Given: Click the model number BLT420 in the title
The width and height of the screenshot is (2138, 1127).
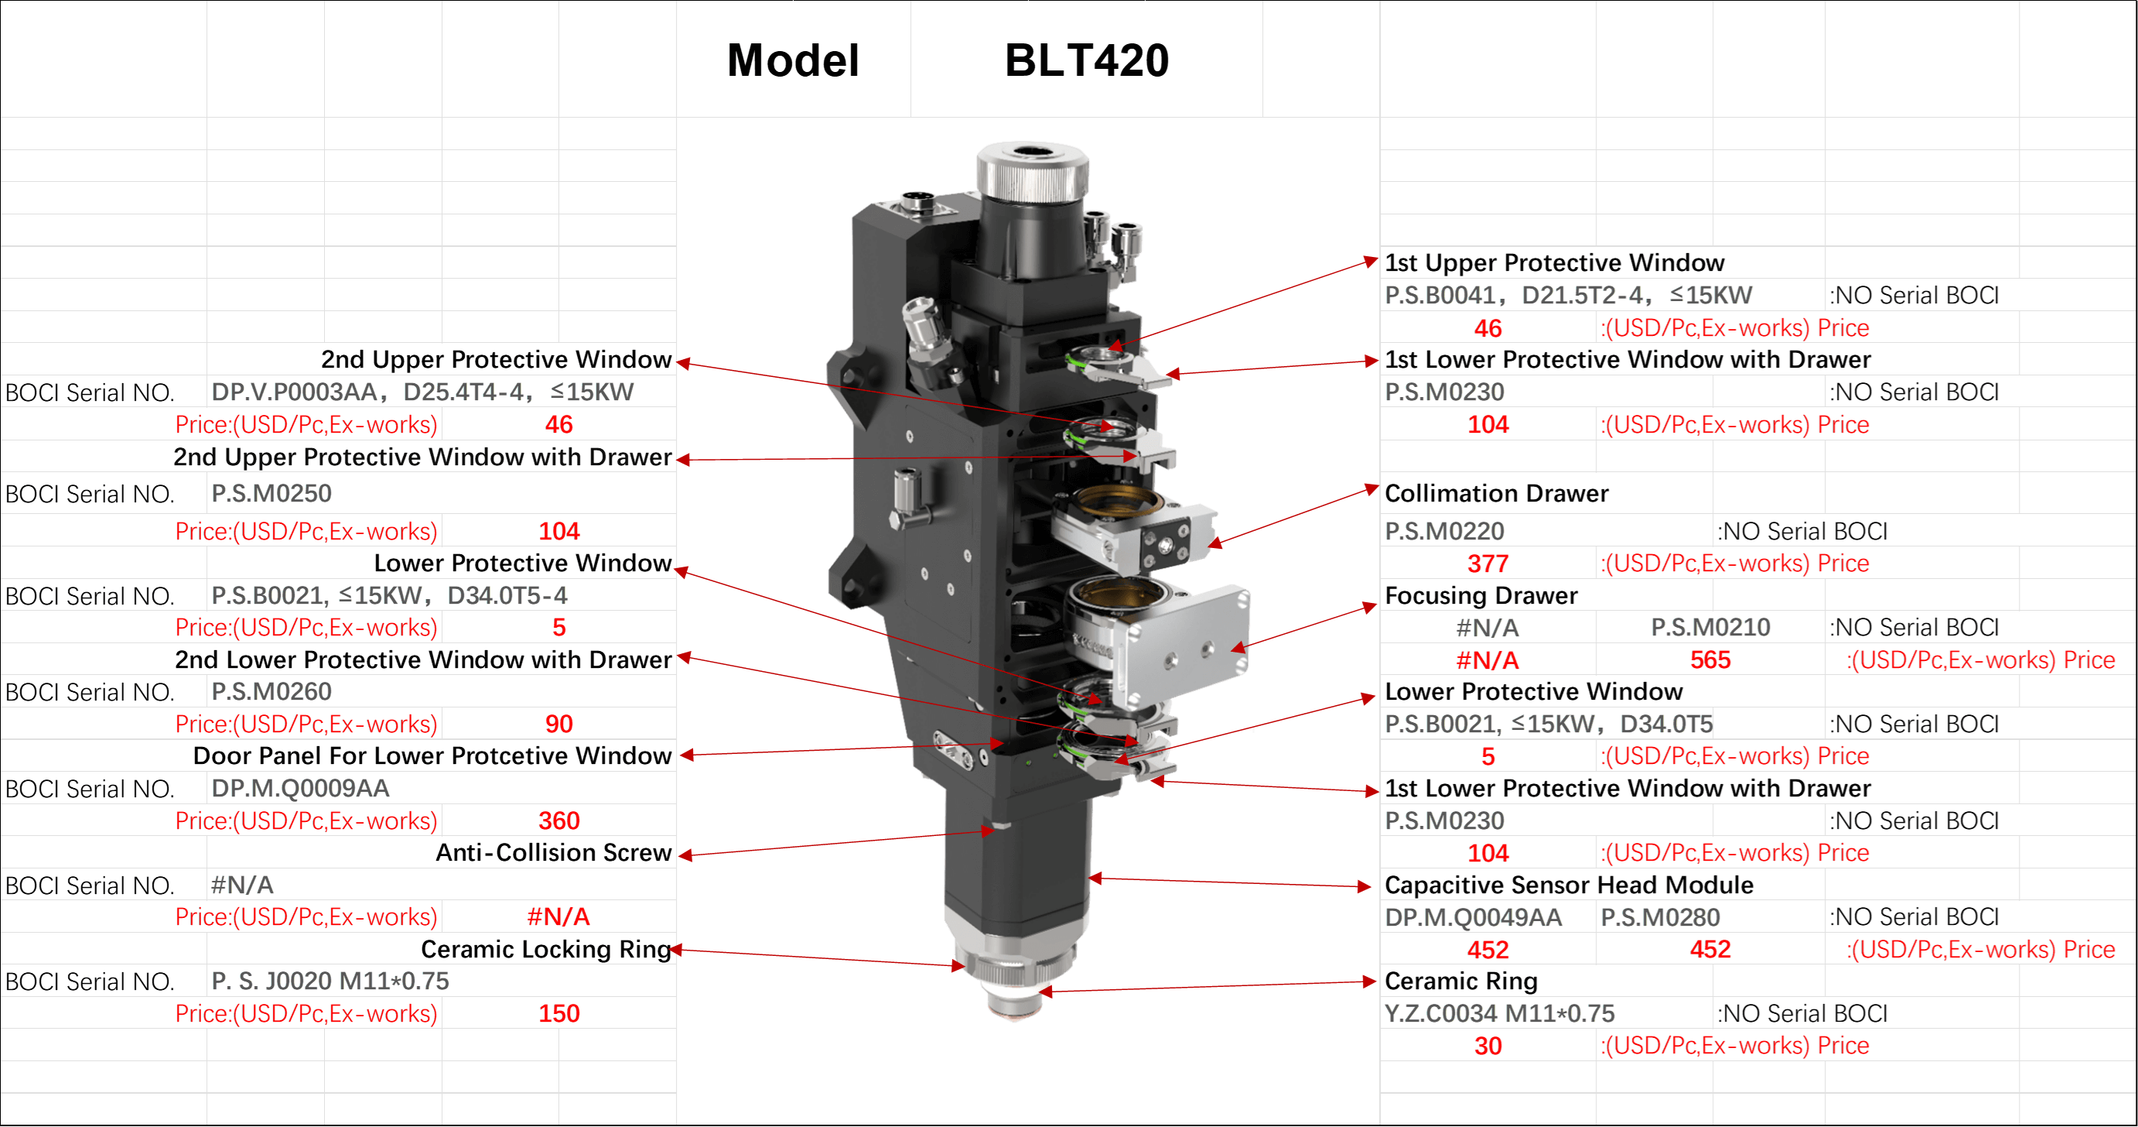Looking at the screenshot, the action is (1087, 60).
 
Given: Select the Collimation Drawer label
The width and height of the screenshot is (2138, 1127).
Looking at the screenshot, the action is (1497, 493).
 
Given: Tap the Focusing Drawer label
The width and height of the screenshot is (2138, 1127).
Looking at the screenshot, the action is (1481, 595).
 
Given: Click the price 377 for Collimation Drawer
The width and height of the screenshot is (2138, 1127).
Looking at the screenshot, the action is (1487, 564).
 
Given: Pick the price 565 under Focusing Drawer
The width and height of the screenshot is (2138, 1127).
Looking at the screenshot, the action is (1710, 660).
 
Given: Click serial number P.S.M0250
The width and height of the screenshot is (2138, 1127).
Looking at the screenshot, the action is (272, 493).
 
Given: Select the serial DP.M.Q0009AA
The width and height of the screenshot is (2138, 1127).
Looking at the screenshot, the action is (300, 788).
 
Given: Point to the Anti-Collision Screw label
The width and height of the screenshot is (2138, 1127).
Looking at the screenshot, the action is (554, 853).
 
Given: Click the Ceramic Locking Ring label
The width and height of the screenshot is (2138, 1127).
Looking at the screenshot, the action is (546, 949).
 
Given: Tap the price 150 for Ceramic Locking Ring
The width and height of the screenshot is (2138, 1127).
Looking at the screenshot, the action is (558, 1014).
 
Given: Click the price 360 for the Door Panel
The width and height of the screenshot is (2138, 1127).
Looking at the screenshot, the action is (558, 821).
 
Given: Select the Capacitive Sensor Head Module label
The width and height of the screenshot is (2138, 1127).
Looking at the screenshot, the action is (1569, 885).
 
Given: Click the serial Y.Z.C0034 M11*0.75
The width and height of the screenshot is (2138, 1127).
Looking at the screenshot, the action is (1499, 1014).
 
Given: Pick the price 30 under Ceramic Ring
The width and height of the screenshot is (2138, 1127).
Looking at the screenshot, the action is (1487, 1046).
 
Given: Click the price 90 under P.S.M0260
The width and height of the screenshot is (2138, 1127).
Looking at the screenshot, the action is (558, 724).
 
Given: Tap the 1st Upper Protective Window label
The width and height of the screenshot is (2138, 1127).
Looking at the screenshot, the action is (1555, 263).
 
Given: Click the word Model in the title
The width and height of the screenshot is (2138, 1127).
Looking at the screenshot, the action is (793, 60).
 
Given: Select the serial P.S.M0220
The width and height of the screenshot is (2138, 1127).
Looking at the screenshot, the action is (1444, 532).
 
